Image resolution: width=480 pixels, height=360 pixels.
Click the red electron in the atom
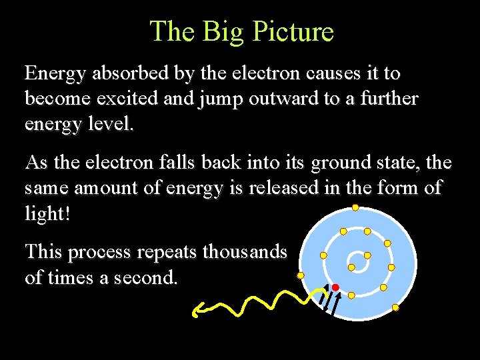pyautogui.click(x=335, y=287)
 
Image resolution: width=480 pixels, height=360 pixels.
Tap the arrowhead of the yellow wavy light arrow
pyautogui.click(x=197, y=309)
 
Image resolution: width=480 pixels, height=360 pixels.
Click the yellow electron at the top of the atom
pyautogui.click(x=355, y=207)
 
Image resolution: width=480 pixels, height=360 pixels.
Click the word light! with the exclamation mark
pyautogui.click(x=47, y=213)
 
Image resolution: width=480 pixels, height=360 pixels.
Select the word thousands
pyautogui.click(x=245, y=251)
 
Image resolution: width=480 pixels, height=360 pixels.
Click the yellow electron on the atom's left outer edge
pyautogui.click(x=301, y=275)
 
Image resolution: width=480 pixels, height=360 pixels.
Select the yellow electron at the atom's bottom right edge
pyautogui.click(x=395, y=307)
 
